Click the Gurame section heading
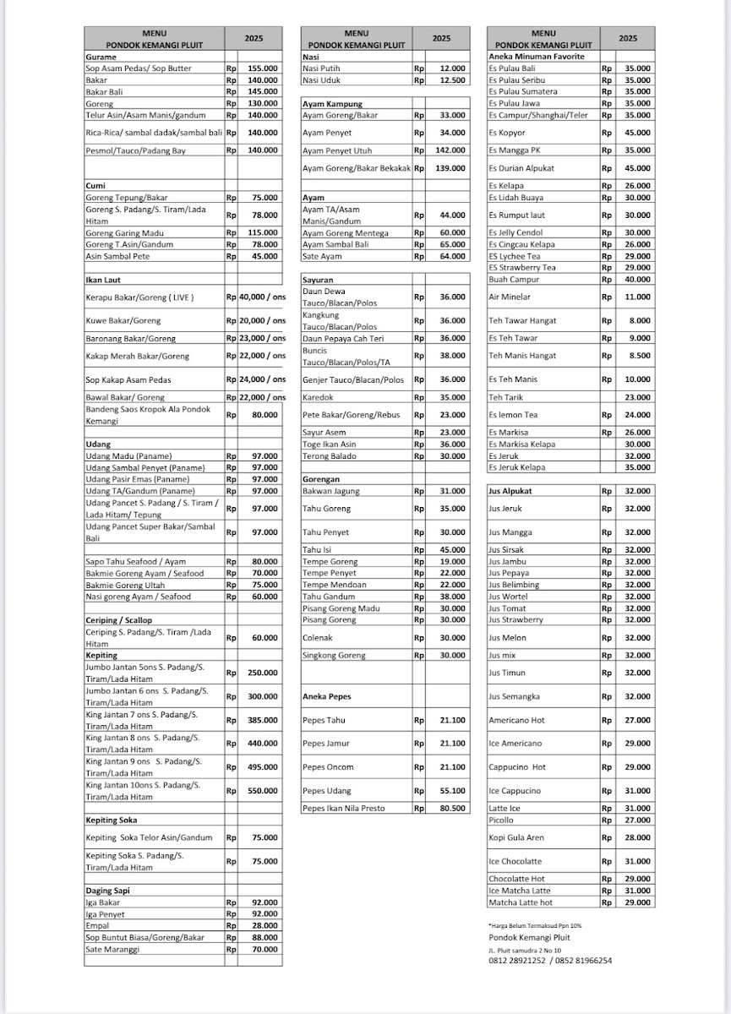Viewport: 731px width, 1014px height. pos(101,57)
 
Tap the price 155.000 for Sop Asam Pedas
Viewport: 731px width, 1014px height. pos(263,68)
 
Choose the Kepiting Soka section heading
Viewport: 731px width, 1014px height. pos(112,820)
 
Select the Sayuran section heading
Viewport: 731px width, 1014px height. pos(318,278)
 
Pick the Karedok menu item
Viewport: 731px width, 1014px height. pos(318,396)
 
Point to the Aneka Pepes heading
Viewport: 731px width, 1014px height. pos(326,696)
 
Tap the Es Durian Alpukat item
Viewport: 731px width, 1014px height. pos(521,168)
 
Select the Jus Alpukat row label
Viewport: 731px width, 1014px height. pos(510,490)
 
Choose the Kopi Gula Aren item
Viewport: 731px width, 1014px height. pos(516,837)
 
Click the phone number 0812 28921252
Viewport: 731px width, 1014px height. pos(516,960)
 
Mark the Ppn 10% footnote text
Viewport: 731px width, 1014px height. pos(535,926)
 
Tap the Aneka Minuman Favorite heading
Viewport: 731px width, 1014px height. pos(537,57)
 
